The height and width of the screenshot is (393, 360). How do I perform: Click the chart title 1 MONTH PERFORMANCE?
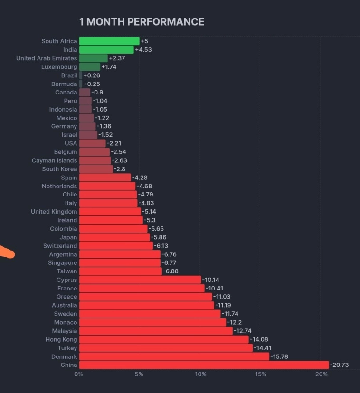142,22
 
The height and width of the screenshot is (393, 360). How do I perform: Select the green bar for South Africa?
109,41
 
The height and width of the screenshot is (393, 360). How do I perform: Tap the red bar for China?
204,365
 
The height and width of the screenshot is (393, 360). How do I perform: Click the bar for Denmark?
174,356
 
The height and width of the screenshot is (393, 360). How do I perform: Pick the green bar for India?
106,50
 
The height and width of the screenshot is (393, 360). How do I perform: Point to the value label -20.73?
339,365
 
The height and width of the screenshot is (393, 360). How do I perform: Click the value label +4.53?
143,50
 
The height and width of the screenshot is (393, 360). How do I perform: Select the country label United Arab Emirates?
47,58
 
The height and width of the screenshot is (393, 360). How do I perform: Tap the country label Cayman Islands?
54,160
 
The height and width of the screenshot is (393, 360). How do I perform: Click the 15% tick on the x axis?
261,374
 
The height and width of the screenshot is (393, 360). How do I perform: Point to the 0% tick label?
79,374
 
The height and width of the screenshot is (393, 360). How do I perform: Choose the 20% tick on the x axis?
322,374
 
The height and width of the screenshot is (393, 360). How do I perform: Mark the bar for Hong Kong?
164,339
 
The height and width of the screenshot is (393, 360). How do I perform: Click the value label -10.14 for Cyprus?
211,280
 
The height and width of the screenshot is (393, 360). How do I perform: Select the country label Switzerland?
60,246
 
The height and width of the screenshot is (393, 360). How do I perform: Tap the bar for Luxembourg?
90,67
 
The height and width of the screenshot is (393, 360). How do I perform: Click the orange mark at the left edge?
7,253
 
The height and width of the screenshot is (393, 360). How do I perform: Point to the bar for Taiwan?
121,271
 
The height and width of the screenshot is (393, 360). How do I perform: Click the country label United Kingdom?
54,212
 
